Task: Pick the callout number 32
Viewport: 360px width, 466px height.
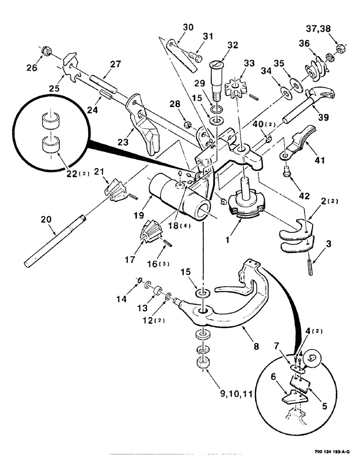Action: (232, 45)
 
